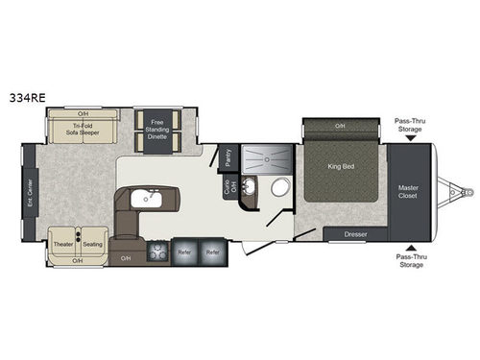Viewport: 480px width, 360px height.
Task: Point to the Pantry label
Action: click(x=228, y=156)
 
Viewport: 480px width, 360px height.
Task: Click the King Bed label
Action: click(x=343, y=165)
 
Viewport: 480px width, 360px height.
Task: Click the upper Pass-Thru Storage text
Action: click(x=411, y=125)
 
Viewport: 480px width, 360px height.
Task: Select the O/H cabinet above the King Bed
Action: click(x=341, y=126)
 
